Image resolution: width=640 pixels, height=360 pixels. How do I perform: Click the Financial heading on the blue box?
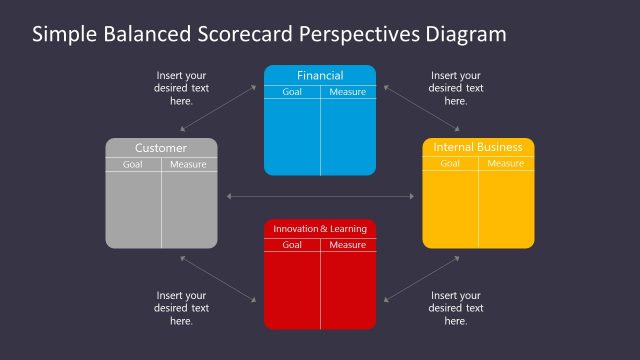pos(320,75)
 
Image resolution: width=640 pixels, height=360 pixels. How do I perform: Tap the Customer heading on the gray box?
pos(161,148)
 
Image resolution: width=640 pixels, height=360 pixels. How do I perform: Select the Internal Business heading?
pos(478,147)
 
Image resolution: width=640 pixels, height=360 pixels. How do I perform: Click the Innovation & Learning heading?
pos(320,229)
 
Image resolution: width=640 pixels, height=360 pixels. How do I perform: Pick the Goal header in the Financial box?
pos(292,92)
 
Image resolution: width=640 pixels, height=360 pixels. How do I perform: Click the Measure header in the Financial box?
pos(348,92)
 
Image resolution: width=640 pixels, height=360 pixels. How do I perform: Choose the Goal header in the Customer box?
pos(133,165)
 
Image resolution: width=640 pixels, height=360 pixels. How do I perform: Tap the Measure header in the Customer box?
pos(188,165)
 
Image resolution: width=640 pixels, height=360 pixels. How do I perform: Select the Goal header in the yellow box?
pos(450,164)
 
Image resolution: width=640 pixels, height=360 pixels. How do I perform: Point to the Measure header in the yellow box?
pos(505,164)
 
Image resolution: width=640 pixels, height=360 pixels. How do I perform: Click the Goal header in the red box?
pos(292,245)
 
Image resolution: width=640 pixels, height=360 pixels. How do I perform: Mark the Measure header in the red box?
pos(348,245)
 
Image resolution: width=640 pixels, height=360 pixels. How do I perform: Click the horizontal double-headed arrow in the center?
pos(320,195)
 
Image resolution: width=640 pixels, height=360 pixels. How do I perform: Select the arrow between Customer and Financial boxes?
pos(218,108)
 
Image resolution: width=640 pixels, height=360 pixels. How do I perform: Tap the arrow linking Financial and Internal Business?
pos(421,108)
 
